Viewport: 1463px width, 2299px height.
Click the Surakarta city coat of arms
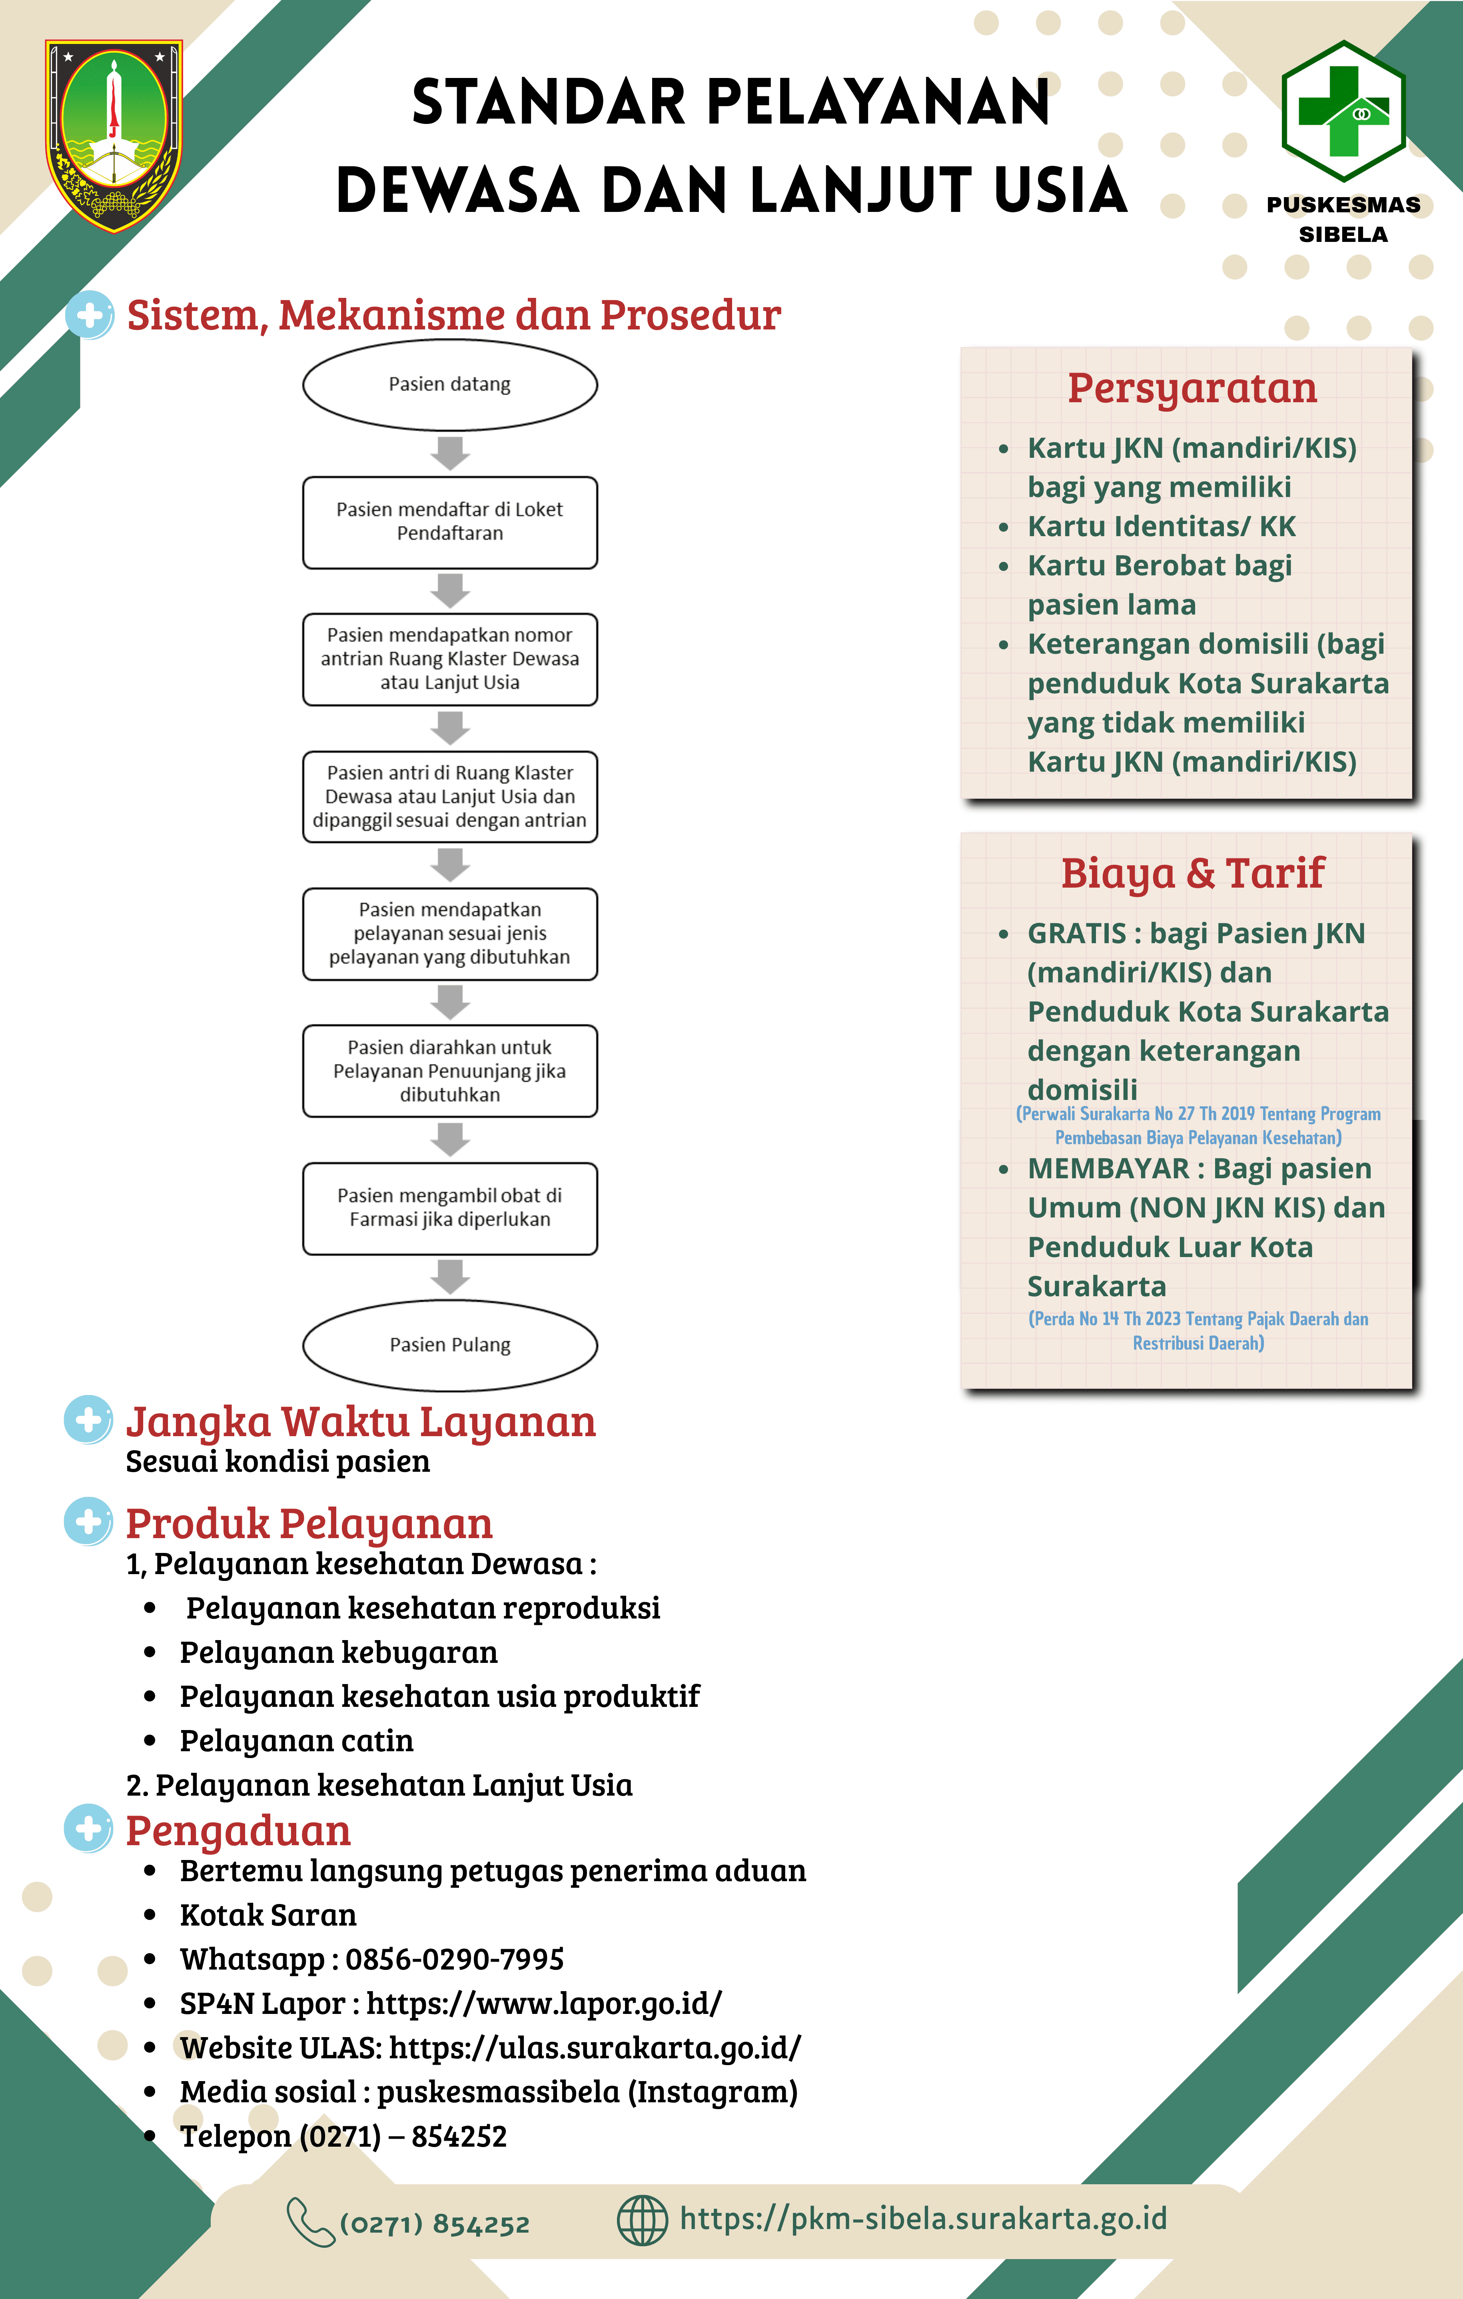114,136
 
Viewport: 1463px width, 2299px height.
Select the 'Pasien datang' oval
450,385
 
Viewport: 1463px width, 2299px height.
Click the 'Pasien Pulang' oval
450,1345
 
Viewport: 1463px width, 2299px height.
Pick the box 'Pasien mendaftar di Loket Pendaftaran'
450,522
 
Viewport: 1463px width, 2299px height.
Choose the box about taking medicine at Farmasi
450,1208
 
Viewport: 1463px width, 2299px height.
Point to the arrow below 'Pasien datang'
450,453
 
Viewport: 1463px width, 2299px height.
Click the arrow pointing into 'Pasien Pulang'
450,1277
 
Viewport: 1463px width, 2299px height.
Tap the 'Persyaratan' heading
1192,389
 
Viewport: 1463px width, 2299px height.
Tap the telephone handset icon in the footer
310,2222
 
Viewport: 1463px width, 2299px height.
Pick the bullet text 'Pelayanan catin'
297,1740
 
